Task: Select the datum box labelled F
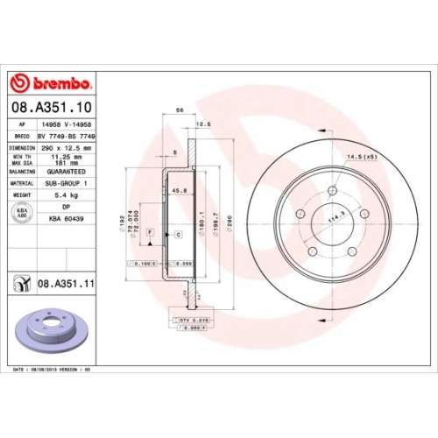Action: (150, 231)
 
